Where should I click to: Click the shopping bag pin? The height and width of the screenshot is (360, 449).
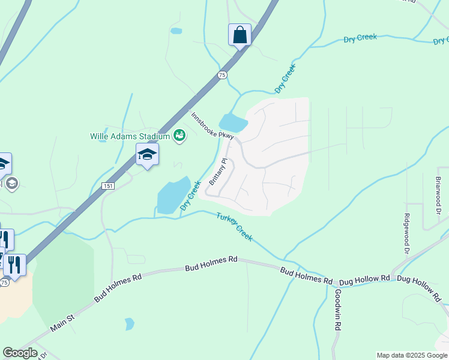click(240, 35)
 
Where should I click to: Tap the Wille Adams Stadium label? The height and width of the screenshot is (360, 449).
click(129, 136)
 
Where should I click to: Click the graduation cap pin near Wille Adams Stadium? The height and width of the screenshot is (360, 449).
click(147, 155)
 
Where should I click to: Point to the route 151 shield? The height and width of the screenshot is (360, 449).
click(107, 186)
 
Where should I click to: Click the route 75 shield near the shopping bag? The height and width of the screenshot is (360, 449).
click(222, 74)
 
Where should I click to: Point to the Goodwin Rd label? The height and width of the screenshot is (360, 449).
click(338, 310)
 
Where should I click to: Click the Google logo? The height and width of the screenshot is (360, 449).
click(20, 353)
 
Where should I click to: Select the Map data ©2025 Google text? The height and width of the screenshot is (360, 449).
click(412, 355)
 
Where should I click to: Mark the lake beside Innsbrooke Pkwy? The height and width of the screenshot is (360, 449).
click(233, 124)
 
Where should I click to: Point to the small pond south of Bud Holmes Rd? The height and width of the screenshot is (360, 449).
click(129, 324)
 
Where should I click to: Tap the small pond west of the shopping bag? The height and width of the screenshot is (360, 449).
click(176, 31)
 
